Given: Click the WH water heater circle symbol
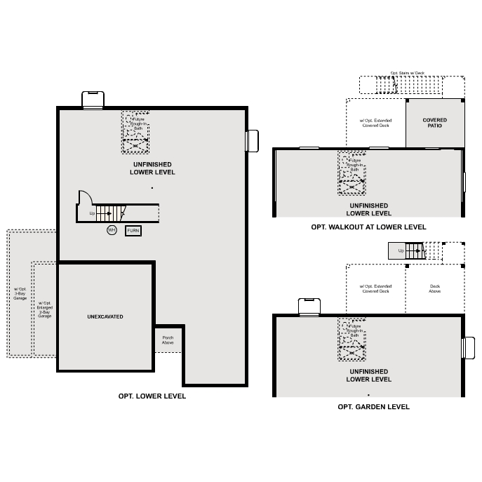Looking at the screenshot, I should point(112,230).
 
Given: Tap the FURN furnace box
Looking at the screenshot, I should point(133,230).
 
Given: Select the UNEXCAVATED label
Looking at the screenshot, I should point(105,317).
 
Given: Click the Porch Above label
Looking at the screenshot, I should point(168,340).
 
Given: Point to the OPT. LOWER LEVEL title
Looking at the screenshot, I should point(152,396).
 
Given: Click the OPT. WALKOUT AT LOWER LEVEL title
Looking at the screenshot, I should point(368,227).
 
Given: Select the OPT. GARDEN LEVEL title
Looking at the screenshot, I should point(373,407).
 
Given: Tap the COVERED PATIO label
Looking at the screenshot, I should point(434,123).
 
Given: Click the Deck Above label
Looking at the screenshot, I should point(434,288).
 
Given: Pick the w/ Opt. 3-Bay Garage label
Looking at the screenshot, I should point(20,293).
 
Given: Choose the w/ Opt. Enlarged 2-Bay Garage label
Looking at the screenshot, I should point(44,309).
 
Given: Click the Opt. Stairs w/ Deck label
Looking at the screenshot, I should point(408,73).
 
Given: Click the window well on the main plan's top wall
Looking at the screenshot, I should point(93,100).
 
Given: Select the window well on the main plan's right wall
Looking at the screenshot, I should point(252,140).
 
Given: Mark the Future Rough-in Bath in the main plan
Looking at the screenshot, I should point(135,131).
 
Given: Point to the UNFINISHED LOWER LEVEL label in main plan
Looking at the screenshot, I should point(152,168).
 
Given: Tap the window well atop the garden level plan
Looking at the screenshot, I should point(309,307).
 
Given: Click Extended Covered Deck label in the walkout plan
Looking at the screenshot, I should point(375,123).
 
